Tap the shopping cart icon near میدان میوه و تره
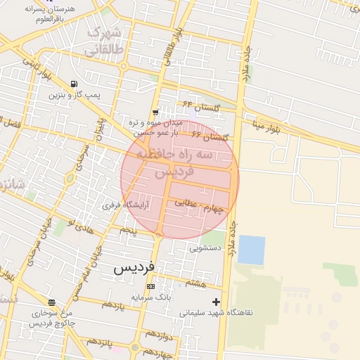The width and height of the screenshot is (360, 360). pyautogui.click(x=155, y=112)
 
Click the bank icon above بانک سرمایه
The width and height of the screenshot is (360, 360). pyautogui.click(x=150, y=287)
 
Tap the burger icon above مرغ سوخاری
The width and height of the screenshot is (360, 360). pyautogui.click(x=51, y=302)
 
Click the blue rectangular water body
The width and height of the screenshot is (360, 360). pyautogui.click(x=251, y=250)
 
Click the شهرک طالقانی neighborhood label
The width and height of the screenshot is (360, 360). pyautogui.click(x=103, y=42)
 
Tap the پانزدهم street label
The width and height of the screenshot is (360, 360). pyautogui.click(x=100, y=342)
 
